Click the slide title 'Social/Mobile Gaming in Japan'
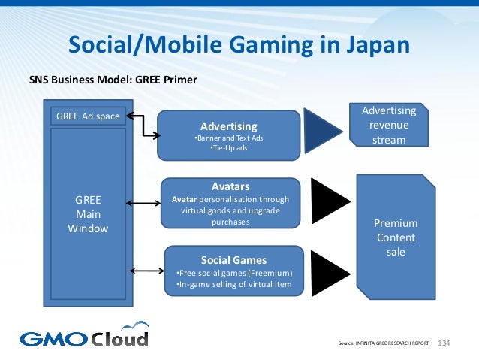(x=239, y=45)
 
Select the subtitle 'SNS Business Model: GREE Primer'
(x=113, y=79)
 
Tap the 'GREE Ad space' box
(x=89, y=116)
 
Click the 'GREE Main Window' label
(x=89, y=214)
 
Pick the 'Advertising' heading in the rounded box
(x=228, y=126)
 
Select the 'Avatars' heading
(x=230, y=186)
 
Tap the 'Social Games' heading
(x=233, y=259)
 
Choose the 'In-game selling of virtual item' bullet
(x=233, y=285)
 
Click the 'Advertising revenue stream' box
(x=388, y=126)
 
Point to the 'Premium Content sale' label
(x=396, y=237)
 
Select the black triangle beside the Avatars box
(x=329, y=202)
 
